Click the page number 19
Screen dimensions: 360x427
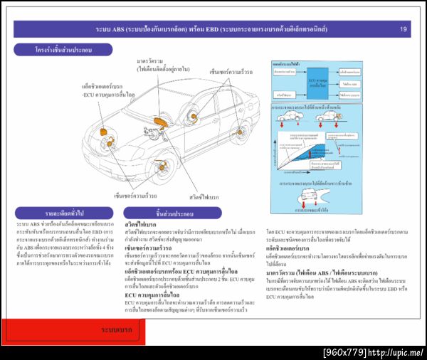404,29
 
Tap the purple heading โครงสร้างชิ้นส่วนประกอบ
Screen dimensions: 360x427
63,51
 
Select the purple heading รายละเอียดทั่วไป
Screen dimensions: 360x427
63,213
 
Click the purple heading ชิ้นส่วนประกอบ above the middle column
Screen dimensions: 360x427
172,213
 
